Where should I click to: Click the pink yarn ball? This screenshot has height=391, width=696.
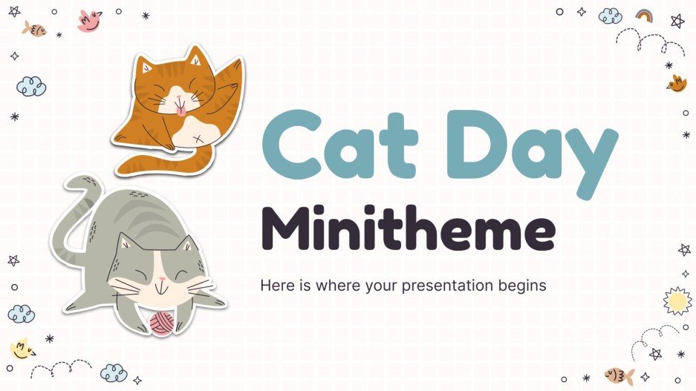coord(162,323)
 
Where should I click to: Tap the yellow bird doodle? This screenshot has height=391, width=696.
coord(22,348)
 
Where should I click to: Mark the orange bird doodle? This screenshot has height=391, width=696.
coord(677,82)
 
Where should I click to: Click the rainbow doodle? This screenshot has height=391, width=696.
coord(644,15)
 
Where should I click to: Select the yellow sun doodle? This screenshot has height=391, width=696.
coord(677,300)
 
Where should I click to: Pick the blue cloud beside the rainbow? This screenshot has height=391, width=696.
coord(610,16)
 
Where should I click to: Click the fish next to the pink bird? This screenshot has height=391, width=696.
coord(34,29)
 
